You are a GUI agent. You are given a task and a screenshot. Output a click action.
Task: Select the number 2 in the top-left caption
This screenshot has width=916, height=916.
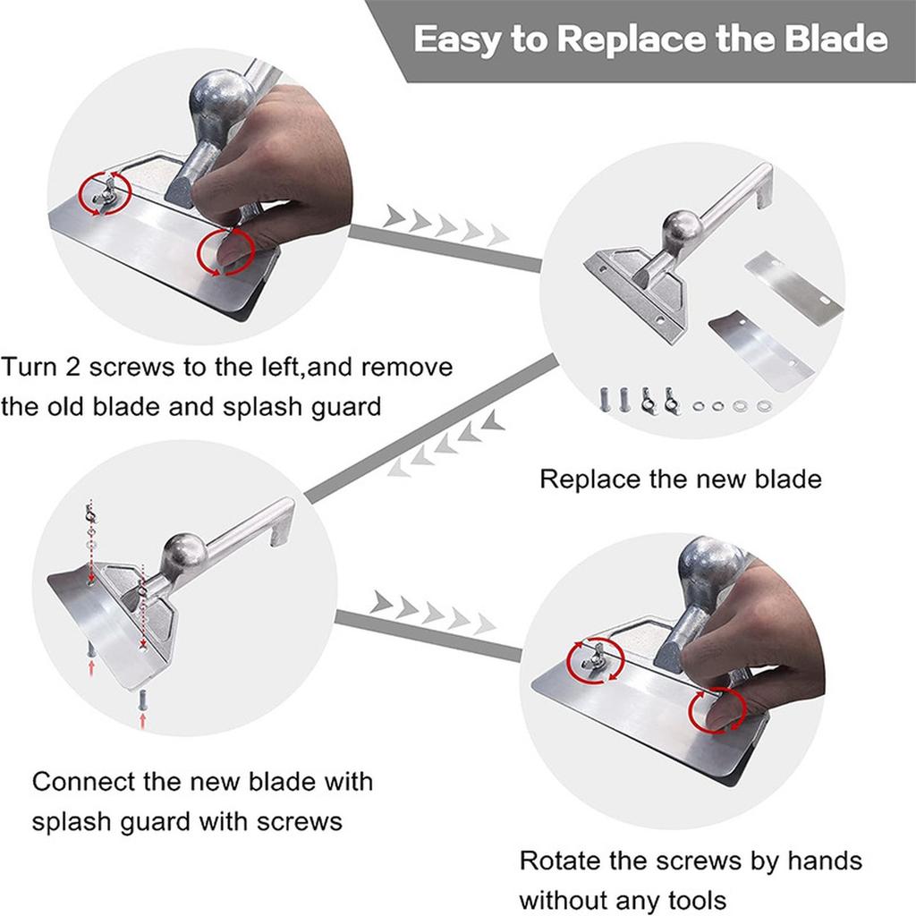click(x=79, y=368)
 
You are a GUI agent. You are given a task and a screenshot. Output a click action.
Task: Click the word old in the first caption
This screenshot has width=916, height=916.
click(x=80, y=406)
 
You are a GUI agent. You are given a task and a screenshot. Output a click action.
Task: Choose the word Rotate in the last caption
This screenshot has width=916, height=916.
click(x=566, y=861)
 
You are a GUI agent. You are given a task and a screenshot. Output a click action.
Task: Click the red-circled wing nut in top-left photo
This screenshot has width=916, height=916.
click(x=105, y=191)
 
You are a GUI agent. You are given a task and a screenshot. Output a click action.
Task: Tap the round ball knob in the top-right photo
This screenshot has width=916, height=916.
click(x=683, y=230)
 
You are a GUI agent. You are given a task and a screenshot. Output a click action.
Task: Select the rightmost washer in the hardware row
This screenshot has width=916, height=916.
click(x=763, y=406)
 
